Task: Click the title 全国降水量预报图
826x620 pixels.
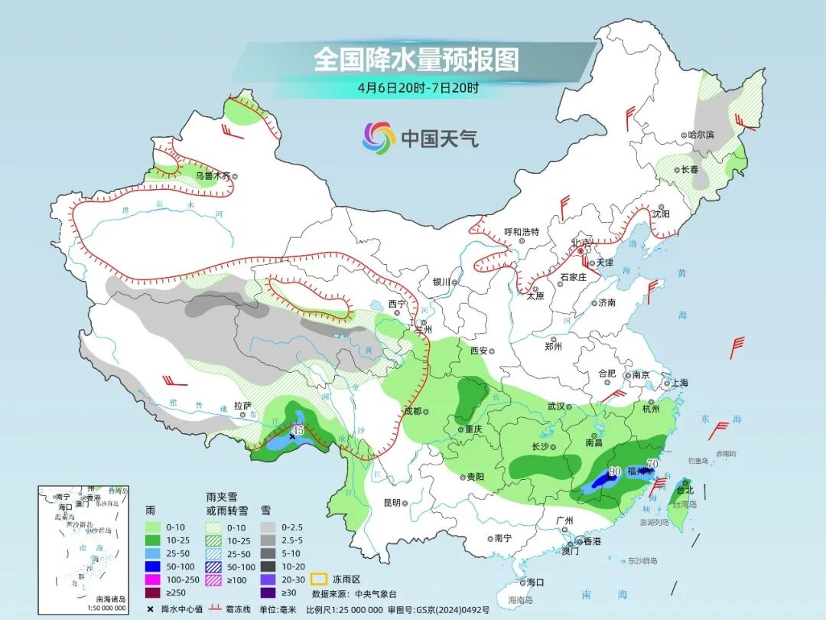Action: click(416, 59)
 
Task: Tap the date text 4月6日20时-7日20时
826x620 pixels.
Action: click(418, 87)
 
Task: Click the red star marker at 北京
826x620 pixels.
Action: click(580, 250)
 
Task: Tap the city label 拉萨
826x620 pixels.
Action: click(242, 404)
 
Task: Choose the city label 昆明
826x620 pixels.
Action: click(392, 503)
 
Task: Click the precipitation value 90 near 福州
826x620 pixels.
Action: click(613, 472)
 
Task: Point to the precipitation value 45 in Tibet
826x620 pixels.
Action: click(299, 431)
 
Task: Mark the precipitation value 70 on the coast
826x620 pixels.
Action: click(652, 463)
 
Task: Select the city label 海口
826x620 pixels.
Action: click(535, 582)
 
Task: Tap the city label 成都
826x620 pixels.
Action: click(412, 411)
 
